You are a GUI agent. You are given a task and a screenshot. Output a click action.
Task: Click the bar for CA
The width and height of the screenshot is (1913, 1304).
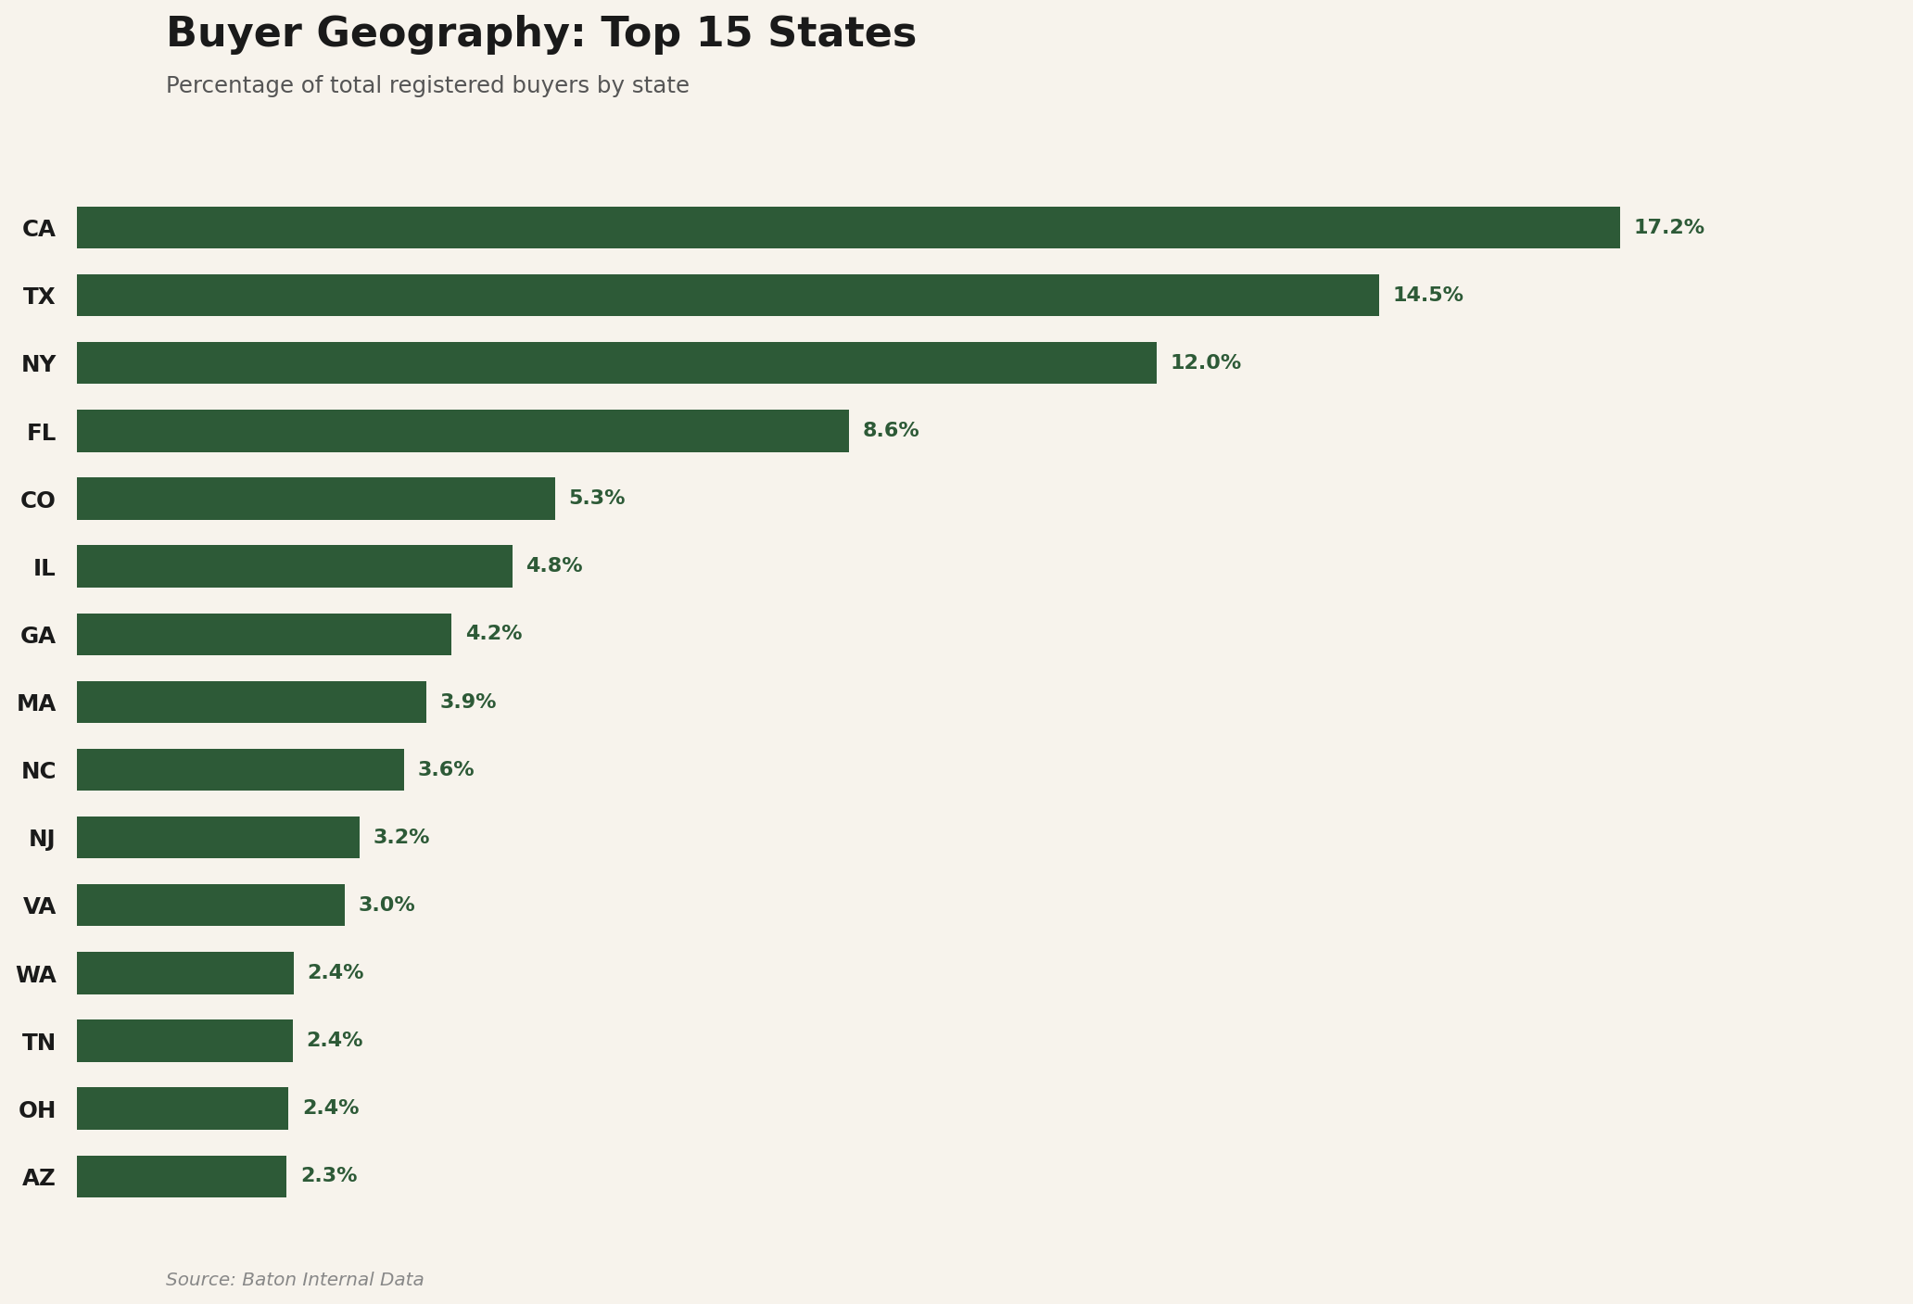click(x=848, y=227)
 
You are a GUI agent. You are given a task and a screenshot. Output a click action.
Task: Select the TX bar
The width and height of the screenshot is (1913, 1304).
click(x=728, y=295)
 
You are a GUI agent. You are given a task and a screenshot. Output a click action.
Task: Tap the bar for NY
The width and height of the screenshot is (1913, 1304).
click(x=616, y=362)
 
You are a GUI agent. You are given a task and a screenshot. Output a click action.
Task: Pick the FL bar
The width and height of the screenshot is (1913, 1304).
click(x=462, y=431)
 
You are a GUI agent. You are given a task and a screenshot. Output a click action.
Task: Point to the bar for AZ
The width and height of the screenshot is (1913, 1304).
click(x=182, y=1176)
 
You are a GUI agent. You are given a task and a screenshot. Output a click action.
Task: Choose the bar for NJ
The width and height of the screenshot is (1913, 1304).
click(x=218, y=837)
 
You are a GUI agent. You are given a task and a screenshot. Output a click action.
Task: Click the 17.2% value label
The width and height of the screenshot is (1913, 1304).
click(x=1668, y=227)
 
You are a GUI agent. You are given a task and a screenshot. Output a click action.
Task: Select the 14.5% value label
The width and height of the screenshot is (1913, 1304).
click(x=1427, y=295)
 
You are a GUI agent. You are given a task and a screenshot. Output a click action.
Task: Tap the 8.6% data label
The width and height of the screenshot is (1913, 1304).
click(x=890, y=431)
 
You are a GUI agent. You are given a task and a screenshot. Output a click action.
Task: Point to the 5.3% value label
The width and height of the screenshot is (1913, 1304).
click(x=597, y=499)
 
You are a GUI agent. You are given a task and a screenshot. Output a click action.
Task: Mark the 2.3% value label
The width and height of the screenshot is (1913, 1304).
click(x=328, y=1176)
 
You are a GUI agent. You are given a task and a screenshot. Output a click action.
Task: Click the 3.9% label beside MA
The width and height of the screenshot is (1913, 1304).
click(x=467, y=703)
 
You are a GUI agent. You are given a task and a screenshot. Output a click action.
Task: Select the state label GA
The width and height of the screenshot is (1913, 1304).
click(x=38, y=636)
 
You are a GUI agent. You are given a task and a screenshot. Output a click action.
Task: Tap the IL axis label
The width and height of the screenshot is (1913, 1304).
click(x=44, y=568)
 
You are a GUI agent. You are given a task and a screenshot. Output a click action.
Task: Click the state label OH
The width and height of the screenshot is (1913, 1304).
click(x=37, y=1110)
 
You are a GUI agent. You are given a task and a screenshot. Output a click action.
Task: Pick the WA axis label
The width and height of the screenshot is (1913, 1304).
click(x=36, y=975)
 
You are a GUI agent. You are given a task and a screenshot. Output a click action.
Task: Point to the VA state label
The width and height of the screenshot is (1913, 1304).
click(x=39, y=906)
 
